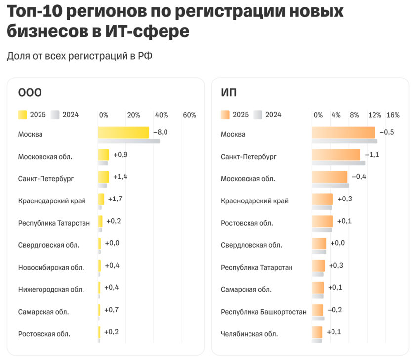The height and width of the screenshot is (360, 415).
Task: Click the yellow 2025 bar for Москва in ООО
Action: (x=123, y=132)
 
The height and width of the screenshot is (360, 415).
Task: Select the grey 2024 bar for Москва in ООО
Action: (x=128, y=141)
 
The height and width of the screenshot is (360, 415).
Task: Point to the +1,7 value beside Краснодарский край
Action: (x=115, y=199)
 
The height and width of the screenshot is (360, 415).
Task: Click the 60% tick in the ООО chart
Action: (x=190, y=115)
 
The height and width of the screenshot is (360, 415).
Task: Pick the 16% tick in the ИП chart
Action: (x=393, y=115)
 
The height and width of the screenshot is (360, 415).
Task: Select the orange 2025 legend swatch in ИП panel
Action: (x=225, y=115)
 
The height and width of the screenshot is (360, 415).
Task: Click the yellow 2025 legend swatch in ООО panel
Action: (x=22, y=115)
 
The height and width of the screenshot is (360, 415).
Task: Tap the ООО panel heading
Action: (x=30, y=93)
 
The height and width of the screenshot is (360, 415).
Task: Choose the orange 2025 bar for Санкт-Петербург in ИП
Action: (x=336, y=155)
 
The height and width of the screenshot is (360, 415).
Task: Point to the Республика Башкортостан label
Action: (x=264, y=312)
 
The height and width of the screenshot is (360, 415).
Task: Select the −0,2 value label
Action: (x=334, y=310)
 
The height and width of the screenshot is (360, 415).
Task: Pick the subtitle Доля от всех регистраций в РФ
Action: (x=80, y=56)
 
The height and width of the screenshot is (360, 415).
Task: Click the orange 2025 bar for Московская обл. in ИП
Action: (x=330, y=177)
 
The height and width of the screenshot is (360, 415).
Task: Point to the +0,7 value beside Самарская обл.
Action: (x=112, y=310)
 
